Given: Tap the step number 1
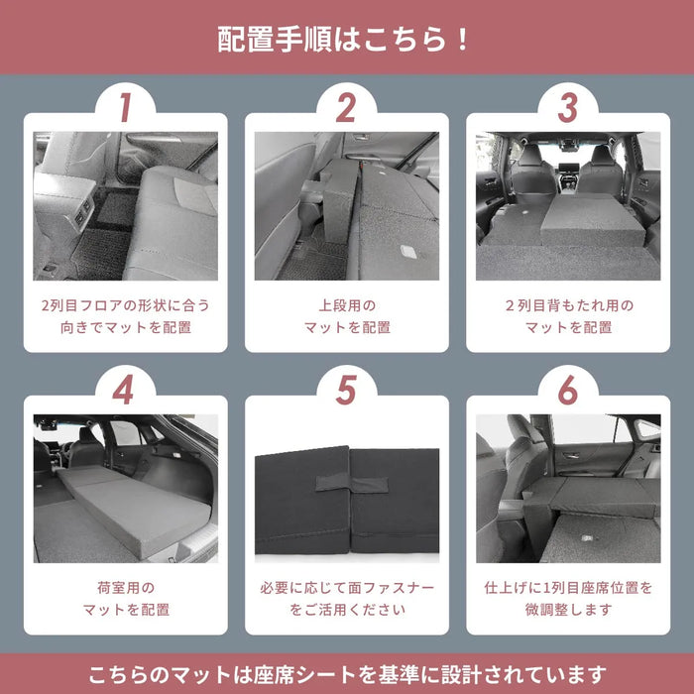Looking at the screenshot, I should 124,108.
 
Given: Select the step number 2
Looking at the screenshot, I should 346,108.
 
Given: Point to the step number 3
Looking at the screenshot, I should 567,108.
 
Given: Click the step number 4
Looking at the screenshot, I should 124,391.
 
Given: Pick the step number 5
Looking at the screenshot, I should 346,391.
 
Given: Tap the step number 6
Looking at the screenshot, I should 567,391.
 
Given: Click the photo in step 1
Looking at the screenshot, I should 125,205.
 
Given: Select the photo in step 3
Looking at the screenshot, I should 567,205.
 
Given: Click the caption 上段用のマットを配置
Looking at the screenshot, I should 346,316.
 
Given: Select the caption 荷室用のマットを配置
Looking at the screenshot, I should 125,598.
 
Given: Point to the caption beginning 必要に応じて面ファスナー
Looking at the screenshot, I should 346,598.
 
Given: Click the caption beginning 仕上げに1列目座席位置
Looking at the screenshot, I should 567,598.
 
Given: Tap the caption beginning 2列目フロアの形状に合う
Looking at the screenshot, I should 125,316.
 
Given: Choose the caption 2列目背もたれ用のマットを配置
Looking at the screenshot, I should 567,316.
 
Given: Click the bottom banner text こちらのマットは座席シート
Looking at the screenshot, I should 346,674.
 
